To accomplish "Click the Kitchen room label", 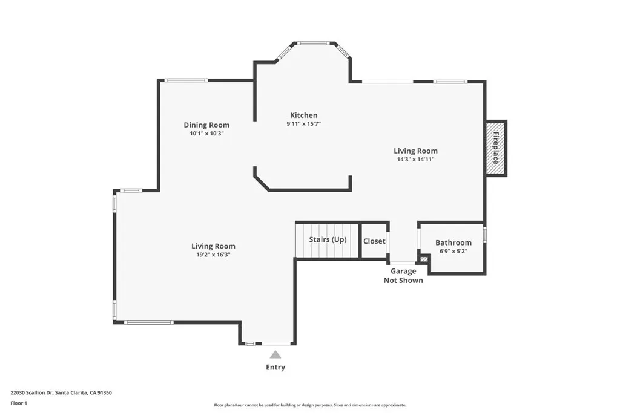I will point(303,115).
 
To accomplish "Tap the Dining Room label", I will point(206,125).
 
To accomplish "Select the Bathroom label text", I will point(453,242).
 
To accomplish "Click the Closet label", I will point(374,241).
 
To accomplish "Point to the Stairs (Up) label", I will point(328,239).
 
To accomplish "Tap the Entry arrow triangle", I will point(275,355).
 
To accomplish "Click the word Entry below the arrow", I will point(275,367).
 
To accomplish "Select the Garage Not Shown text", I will point(403,276).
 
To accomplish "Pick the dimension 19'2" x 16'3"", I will point(213,255).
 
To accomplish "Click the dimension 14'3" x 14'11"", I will point(415,160).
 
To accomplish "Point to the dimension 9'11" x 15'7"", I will point(303,124).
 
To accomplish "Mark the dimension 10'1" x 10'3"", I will point(206,134).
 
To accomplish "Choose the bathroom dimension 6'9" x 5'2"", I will point(453,251).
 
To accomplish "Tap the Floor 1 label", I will point(19,403).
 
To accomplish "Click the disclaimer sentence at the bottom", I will point(309,405).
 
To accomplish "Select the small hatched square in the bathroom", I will point(424,259).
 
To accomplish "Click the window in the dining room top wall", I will point(186,80).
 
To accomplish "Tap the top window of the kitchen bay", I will point(313,43).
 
